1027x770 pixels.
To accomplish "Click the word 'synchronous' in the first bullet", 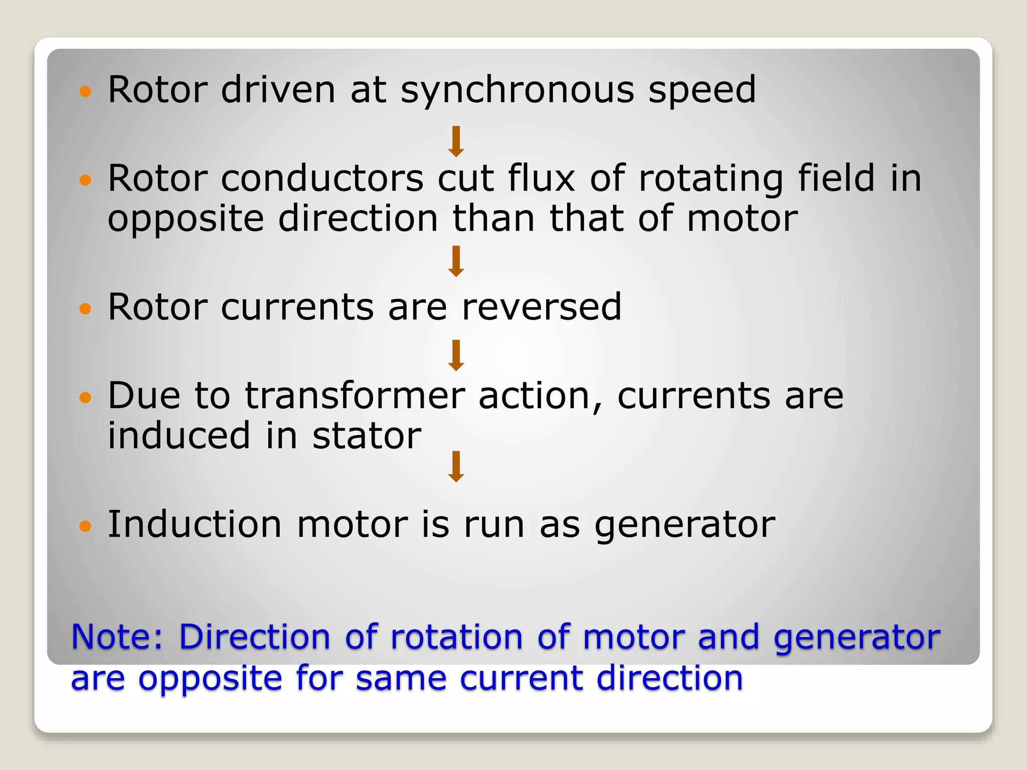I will pyautogui.click(x=517, y=91).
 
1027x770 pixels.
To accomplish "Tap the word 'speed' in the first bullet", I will pyautogui.click(x=702, y=91).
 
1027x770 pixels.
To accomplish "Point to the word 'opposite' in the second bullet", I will pyautogui.click(x=186, y=220).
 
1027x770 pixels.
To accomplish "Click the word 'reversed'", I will pyautogui.click(x=541, y=307).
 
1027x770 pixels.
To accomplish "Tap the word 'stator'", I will pyautogui.click(x=367, y=436).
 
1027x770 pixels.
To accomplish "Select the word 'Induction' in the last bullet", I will pyautogui.click(x=195, y=524).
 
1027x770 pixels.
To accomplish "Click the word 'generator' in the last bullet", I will pyautogui.click(x=684, y=525).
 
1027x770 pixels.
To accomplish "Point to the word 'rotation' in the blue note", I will pyautogui.click(x=457, y=637).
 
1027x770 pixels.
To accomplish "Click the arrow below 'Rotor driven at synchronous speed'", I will pyautogui.click(x=456, y=141).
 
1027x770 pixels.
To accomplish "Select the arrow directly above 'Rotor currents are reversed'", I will pyautogui.click(x=456, y=261).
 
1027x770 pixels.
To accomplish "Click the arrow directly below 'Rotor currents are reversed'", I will pyautogui.click(x=456, y=355).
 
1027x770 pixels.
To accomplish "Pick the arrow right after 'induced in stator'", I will pyautogui.click(x=456, y=467).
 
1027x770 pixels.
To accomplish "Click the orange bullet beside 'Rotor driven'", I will pyautogui.click(x=86, y=92).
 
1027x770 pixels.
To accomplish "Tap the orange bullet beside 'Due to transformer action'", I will pyautogui.click(x=86, y=398).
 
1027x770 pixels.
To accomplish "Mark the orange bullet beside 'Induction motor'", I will pyautogui.click(x=86, y=526).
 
